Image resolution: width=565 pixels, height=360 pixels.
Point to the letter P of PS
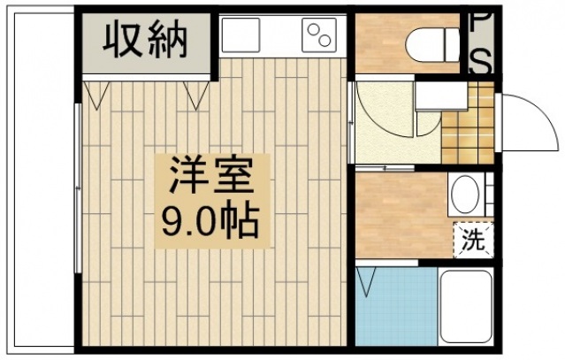click(x=480, y=23)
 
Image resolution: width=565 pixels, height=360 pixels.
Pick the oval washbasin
click(x=465, y=193)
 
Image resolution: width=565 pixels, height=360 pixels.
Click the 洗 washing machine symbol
click(x=473, y=239)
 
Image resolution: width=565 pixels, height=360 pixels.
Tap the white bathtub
click(x=467, y=305)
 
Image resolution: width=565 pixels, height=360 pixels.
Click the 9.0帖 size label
click(x=210, y=218)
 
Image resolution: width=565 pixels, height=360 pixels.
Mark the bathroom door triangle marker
click(x=367, y=283)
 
